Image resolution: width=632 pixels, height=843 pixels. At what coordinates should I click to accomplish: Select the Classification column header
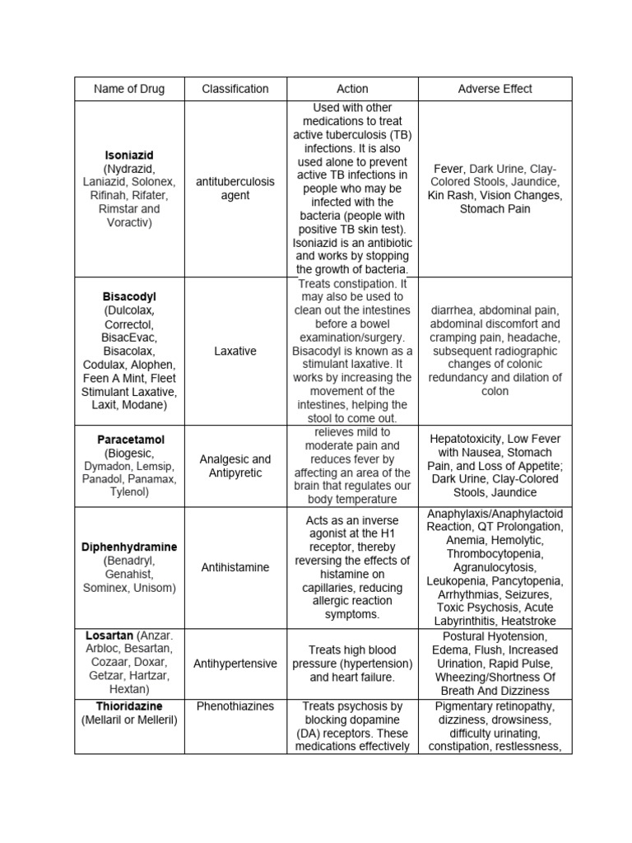point(235,89)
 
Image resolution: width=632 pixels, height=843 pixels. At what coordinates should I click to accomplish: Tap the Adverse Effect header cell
point(495,89)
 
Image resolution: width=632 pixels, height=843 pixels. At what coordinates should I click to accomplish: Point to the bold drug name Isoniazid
point(128,155)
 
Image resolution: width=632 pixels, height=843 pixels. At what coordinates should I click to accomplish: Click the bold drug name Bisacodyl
point(128,297)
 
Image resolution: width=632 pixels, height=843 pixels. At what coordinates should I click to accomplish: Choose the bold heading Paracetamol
point(128,440)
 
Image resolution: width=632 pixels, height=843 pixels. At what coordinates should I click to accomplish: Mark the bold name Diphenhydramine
point(128,547)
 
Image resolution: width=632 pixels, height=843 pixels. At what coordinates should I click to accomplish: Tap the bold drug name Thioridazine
point(128,706)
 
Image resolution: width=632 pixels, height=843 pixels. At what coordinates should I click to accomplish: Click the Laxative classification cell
point(235,351)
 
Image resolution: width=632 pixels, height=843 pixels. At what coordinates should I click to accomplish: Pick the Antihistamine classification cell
point(235,567)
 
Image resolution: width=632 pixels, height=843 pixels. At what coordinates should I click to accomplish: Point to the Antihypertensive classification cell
point(235,664)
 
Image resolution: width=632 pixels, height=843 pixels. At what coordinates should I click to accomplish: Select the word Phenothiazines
point(235,706)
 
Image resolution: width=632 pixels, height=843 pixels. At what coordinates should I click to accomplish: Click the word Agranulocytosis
point(495,567)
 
